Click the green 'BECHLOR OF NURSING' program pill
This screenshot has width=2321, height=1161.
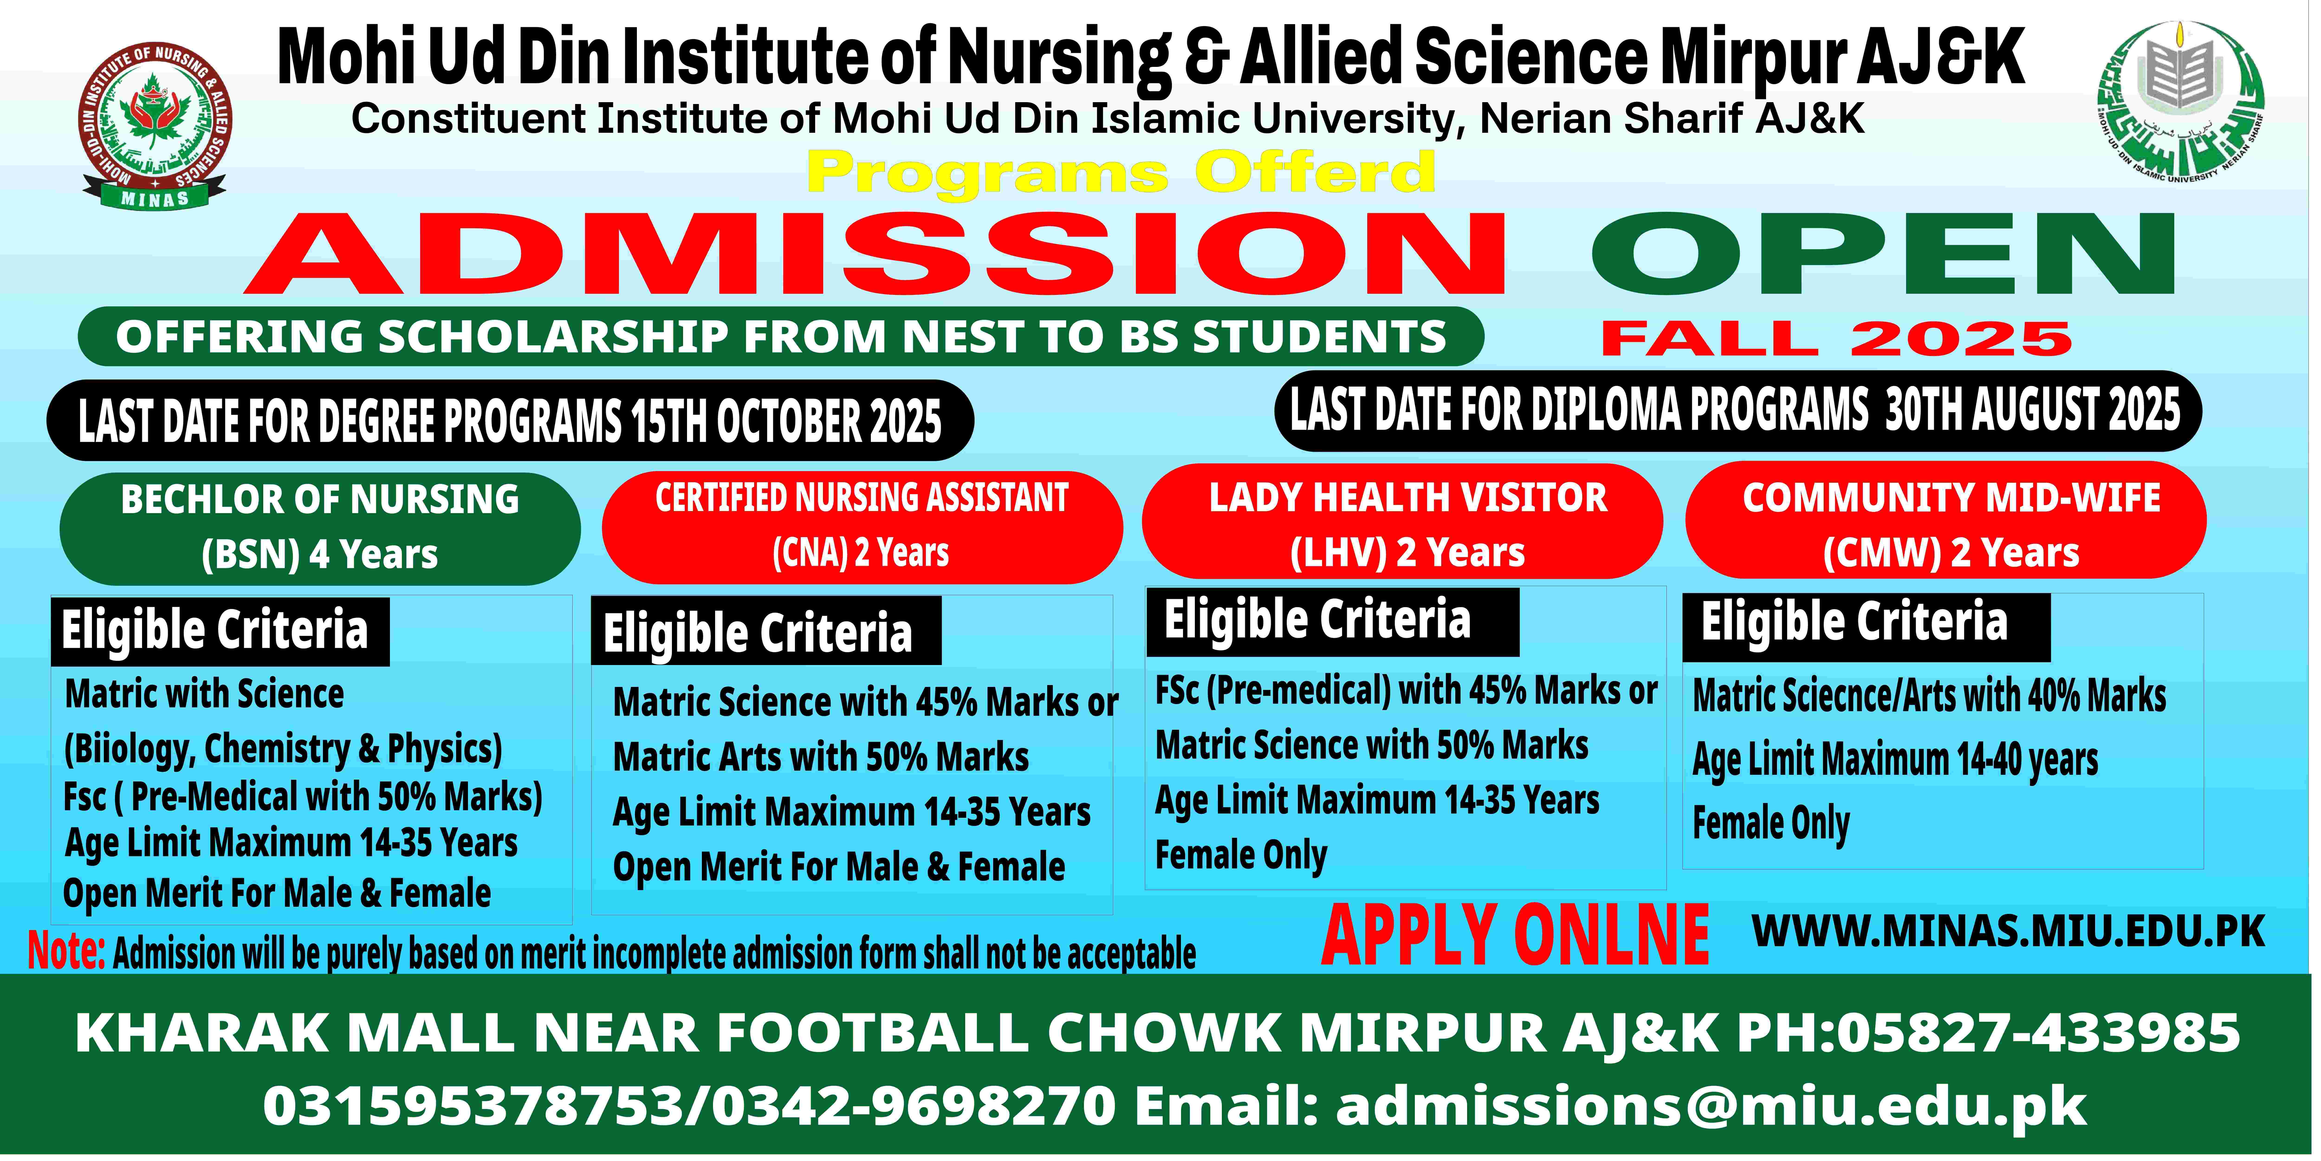pyautogui.click(x=320, y=528)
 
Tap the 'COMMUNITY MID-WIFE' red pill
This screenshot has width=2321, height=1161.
pyautogui.click(x=1946, y=521)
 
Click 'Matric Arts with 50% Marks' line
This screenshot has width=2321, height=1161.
pyautogui.click(x=821, y=757)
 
